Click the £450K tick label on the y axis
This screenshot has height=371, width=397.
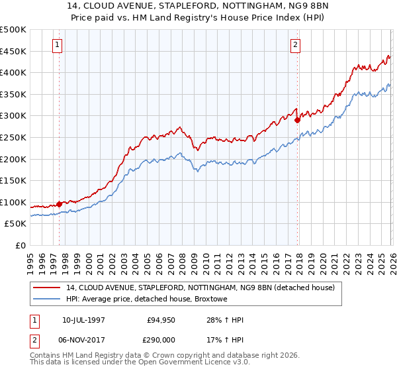(13, 51)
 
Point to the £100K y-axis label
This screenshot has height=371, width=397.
(13, 202)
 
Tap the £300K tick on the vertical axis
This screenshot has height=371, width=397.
(13, 116)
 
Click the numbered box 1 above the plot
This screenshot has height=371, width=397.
(58, 45)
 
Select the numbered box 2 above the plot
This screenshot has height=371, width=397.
(294, 45)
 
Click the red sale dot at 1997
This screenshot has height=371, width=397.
(59, 204)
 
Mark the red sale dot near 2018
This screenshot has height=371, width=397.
(297, 120)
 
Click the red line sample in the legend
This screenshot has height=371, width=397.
(48, 288)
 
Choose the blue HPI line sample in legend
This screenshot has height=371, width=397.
(48, 299)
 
